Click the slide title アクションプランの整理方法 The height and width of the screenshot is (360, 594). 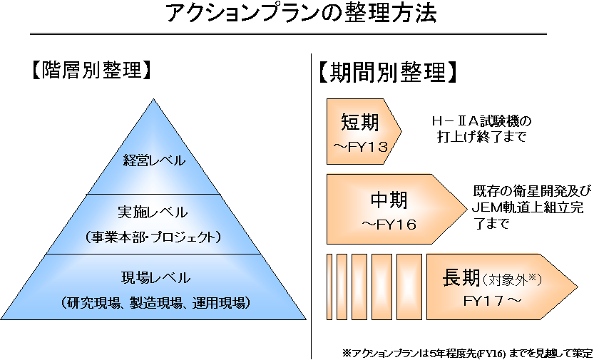tap(301, 14)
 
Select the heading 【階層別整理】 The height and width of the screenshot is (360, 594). tap(91, 70)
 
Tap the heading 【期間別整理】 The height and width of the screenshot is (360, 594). tap(387, 72)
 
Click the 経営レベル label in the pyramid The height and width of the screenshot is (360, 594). tap(154, 161)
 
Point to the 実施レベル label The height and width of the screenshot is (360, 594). tap(153, 212)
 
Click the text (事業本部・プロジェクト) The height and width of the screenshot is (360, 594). tap(153, 237)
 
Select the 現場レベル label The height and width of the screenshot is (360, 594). tap(155, 278)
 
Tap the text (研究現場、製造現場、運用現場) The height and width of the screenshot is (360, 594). tap(155, 303)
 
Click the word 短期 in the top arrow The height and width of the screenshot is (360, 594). tap(359, 123)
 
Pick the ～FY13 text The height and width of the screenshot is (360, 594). tap(361, 147)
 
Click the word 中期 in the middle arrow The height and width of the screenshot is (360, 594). tap(389, 200)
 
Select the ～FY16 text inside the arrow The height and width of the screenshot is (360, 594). tap(389, 225)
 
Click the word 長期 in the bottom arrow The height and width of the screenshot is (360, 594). tap(461, 278)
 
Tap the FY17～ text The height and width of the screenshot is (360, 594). tap(493, 302)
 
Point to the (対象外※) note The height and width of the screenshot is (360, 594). tap(513, 279)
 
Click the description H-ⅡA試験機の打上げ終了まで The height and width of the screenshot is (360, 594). tap(481, 129)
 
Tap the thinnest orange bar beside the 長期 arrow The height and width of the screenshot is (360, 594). tap(329, 287)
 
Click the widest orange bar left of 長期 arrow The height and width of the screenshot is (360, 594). tap(409, 287)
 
